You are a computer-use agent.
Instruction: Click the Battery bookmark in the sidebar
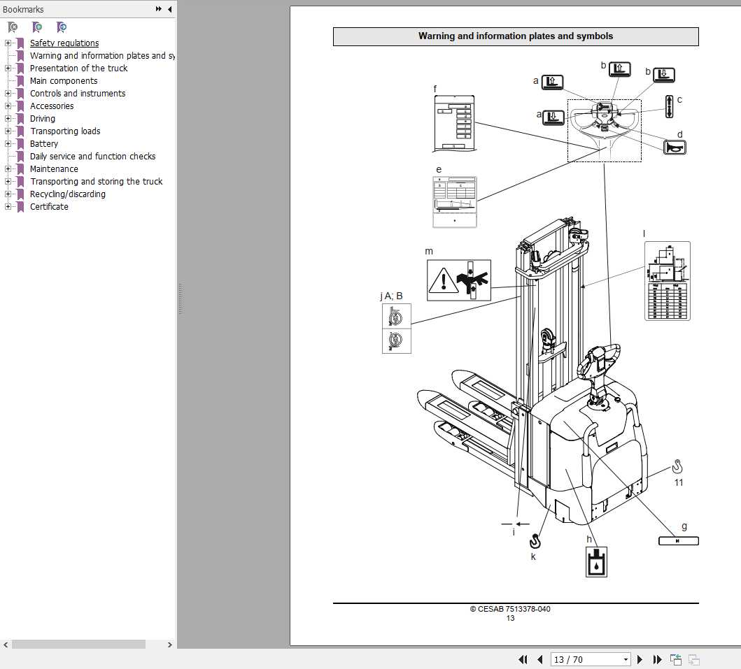pyautogui.click(x=43, y=144)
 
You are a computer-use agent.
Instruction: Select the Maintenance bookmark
pyautogui.click(x=54, y=169)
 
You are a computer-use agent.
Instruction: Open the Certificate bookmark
pyautogui.click(x=49, y=207)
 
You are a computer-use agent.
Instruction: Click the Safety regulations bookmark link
pyautogui.click(x=64, y=43)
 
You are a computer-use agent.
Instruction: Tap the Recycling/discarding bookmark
pyautogui.click(x=67, y=194)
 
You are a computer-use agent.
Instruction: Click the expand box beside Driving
pyautogui.click(x=8, y=119)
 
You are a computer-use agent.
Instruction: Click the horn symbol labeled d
pyautogui.click(x=675, y=148)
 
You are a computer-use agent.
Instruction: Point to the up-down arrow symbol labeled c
pyautogui.click(x=669, y=106)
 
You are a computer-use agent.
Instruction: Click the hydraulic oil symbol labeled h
pyautogui.click(x=596, y=561)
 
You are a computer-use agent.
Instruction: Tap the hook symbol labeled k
pyautogui.click(x=535, y=540)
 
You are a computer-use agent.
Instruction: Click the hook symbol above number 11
pyautogui.click(x=677, y=466)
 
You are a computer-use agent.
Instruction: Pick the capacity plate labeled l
pyautogui.click(x=667, y=281)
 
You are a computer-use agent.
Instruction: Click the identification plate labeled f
pyautogui.click(x=453, y=123)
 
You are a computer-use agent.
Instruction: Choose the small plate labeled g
pyautogui.click(x=678, y=540)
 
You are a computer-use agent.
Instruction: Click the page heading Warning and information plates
pyautogui.click(x=515, y=36)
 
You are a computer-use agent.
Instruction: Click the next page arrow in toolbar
pyautogui.click(x=640, y=659)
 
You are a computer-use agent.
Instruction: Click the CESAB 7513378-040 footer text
pyautogui.click(x=510, y=609)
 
